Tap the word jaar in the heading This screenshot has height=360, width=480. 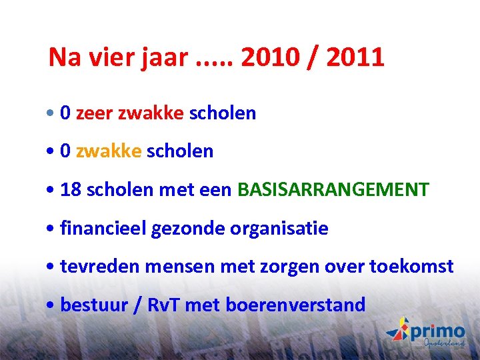click(x=164, y=58)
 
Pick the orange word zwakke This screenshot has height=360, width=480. click(x=109, y=151)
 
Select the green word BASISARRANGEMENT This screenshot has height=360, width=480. click(x=333, y=190)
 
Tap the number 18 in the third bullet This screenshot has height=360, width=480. click(x=69, y=190)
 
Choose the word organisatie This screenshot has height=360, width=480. click(x=279, y=229)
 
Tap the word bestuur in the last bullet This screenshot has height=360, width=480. click(x=90, y=305)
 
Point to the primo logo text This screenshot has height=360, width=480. click(x=437, y=331)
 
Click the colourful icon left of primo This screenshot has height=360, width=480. click(x=399, y=330)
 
